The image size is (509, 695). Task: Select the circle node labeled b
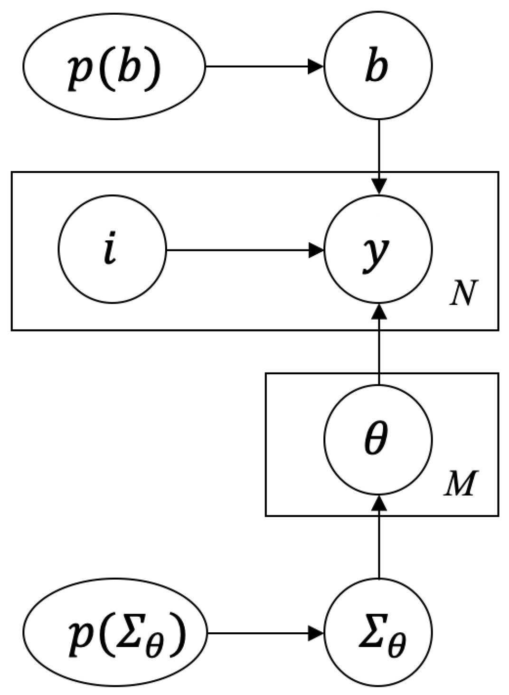coord(378,66)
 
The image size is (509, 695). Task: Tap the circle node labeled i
coord(113,249)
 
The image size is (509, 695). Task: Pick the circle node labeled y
coord(378,249)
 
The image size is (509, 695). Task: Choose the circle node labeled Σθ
coord(378,632)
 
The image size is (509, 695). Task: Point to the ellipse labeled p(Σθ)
coord(115,632)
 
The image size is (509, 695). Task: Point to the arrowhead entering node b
coord(316,66)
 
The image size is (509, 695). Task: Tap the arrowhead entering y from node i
coord(316,250)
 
